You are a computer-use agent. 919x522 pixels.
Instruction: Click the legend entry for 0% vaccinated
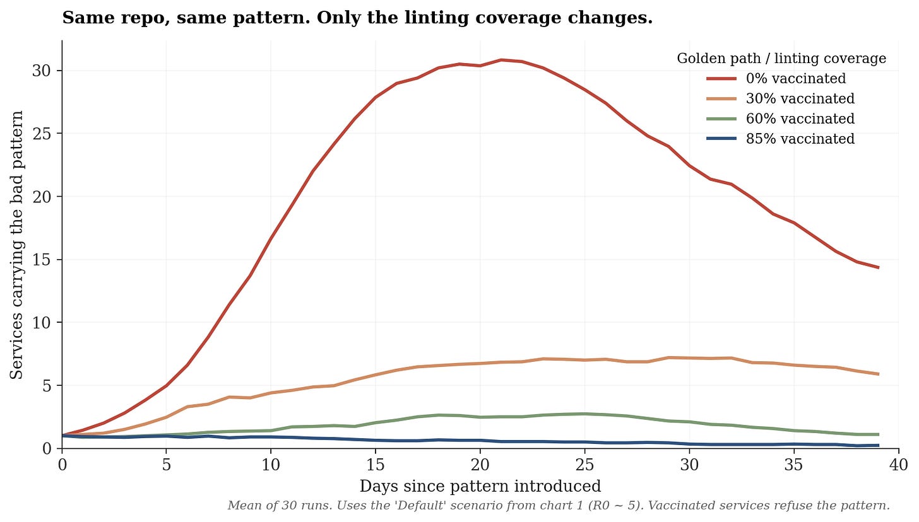point(776,78)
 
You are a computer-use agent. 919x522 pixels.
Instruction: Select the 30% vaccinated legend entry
point(780,98)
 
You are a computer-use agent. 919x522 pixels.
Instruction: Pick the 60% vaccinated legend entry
point(780,119)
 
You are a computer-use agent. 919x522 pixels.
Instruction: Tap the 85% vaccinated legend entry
point(780,139)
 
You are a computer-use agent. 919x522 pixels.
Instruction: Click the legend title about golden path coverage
point(781,59)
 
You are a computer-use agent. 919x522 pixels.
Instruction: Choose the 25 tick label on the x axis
point(584,465)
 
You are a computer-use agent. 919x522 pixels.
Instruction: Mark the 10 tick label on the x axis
point(271,465)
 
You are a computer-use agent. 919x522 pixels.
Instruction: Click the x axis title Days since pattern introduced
point(480,486)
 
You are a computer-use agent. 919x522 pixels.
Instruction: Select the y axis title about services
point(16,245)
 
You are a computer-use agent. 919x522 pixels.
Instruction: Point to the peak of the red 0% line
point(501,60)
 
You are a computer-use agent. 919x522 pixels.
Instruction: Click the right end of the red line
point(878,267)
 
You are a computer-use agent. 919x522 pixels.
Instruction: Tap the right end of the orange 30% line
point(878,374)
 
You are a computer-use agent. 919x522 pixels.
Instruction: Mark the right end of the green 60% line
point(878,434)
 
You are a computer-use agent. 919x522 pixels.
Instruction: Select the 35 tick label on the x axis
point(794,465)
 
